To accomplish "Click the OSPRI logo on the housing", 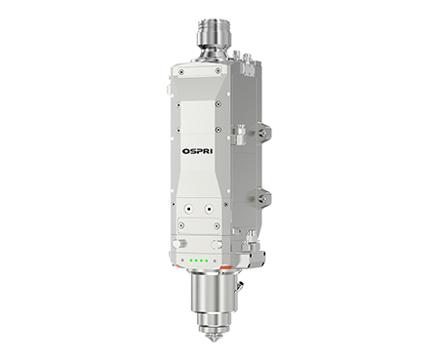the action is [198, 151].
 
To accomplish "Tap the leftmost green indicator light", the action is [191, 260].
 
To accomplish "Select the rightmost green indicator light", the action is [206, 260].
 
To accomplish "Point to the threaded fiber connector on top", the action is [213, 34].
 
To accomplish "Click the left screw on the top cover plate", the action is [181, 71].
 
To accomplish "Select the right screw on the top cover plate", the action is [217, 71].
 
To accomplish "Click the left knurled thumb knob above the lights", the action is [179, 243].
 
